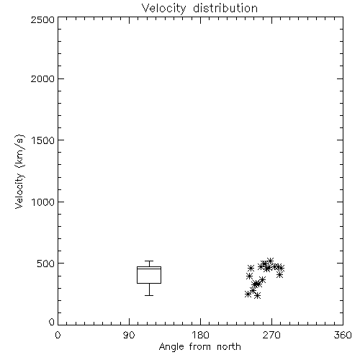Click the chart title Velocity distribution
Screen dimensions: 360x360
199,9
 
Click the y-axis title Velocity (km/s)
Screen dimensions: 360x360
19,171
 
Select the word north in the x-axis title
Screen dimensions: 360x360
229,346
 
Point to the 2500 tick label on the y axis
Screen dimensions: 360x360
42,19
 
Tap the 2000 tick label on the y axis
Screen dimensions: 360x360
42,78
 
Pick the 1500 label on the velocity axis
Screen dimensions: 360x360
43,140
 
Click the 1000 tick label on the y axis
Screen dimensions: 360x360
43,202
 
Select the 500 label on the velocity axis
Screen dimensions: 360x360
46,264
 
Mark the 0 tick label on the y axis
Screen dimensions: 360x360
52,322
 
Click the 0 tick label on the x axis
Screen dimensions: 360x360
58,335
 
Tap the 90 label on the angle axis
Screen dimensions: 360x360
129,335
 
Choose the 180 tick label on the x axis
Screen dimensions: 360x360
200,335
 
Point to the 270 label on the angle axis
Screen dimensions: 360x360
271,335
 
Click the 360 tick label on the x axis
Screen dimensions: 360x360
343,335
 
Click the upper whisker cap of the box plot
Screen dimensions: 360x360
149,261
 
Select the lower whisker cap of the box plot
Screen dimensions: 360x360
149,295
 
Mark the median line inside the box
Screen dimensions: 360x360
149,269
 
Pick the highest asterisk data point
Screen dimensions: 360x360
270,261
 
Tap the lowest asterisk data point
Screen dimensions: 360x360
257,295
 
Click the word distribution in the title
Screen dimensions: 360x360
225,9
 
